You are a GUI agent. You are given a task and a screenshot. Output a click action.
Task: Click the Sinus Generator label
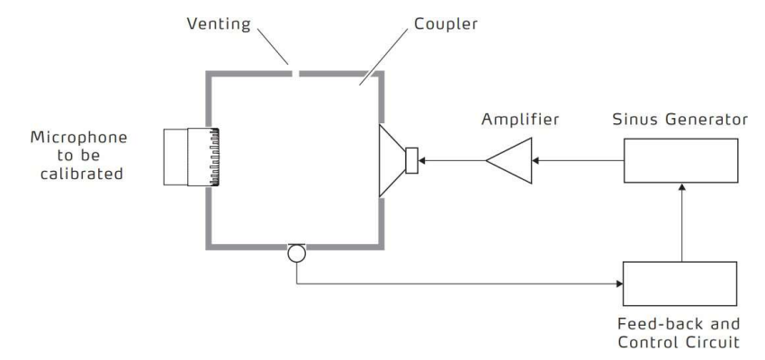[x=680, y=118]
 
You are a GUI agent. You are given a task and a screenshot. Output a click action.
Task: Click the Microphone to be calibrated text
[x=78, y=155]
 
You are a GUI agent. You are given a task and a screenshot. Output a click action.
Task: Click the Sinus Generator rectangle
[x=680, y=162]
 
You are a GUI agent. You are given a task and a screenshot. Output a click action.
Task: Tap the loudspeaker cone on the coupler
[x=393, y=162]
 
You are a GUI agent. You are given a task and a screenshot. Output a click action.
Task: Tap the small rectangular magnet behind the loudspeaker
[x=412, y=162]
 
